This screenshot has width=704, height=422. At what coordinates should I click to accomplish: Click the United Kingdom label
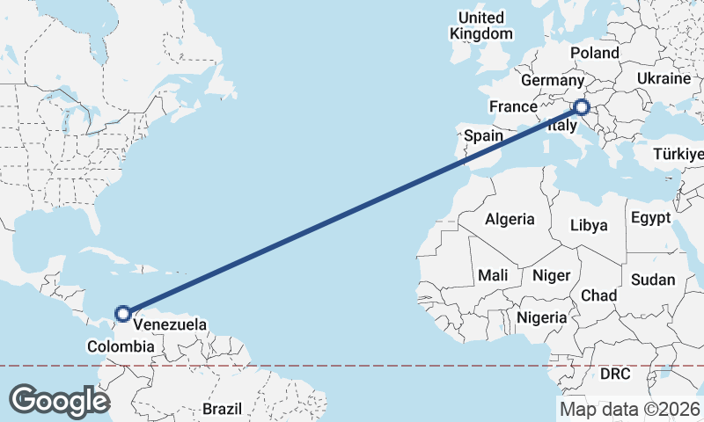click(480, 25)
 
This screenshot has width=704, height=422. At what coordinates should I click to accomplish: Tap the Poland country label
click(594, 53)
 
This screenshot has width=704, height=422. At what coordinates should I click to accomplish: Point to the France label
click(513, 106)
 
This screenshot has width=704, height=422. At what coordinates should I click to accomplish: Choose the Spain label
click(483, 135)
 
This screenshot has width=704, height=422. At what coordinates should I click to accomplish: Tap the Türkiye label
click(678, 155)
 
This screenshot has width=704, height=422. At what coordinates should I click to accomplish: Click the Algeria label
click(510, 219)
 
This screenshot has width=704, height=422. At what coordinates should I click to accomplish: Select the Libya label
click(589, 225)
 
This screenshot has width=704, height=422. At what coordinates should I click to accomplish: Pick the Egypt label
click(650, 217)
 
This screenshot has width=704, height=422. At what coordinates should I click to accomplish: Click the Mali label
click(493, 275)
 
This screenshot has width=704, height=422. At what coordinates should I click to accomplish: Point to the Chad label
click(598, 295)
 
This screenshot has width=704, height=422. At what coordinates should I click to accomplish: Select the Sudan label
click(652, 280)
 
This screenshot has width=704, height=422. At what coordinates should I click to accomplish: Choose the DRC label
click(616, 374)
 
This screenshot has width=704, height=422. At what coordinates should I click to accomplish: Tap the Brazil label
click(222, 409)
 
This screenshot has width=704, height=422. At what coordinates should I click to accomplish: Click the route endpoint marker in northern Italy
click(581, 108)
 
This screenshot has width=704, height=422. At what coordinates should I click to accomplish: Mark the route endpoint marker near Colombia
click(124, 313)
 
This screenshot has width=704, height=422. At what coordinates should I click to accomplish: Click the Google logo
click(59, 401)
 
